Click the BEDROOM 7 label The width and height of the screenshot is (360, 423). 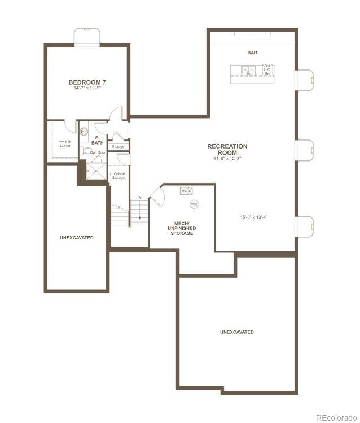(x=87, y=82)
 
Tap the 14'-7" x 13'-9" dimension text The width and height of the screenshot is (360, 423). (x=87, y=88)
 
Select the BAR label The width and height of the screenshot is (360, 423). (x=252, y=53)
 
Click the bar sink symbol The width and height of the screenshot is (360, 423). (x=247, y=71)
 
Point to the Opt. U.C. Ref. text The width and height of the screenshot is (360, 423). (x=267, y=70)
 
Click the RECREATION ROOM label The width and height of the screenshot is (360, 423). (x=227, y=149)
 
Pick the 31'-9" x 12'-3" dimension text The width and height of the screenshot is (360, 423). (x=227, y=159)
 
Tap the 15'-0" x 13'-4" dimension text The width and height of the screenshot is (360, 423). (x=253, y=216)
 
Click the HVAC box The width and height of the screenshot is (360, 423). (x=187, y=191)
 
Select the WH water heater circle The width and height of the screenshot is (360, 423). (x=194, y=204)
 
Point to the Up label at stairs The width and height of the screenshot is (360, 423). (x=139, y=197)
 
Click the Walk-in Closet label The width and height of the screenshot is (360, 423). (x=65, y=143)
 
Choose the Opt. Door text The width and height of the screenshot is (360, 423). (x=98, y=152)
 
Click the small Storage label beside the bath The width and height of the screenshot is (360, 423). (x=118, y=147)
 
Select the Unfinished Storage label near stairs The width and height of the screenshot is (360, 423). (x=118, y=176)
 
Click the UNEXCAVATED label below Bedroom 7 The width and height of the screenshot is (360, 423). (x=77, y=238)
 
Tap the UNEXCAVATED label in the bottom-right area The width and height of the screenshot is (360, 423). (x=237, y=332)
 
